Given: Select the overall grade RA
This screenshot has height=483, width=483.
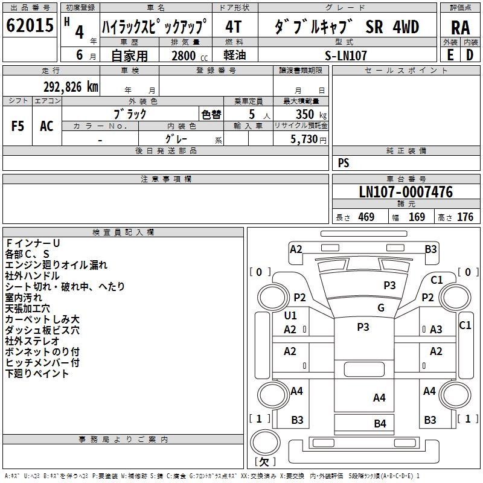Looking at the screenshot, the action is pyautogui.click(x=460, y=28).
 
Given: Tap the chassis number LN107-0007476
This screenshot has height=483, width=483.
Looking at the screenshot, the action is pyautogui.click(x=405, y=192).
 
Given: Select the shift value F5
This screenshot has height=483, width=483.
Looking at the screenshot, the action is pyautogui.click(x=18, y=126).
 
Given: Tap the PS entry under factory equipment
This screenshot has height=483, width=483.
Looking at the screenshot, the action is pyautogui.click(x=344, y=163).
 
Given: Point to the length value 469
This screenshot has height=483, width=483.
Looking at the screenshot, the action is pyautogui.click(x=366, y=217).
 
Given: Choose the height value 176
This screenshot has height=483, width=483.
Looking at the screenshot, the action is pyautogui.click(x=465, y=217).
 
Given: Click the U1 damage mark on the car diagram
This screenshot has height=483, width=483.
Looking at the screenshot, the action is pyautogui.click(x=290, y=316).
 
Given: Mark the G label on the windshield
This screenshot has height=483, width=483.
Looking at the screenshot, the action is pyautogui.click(x=380, y=308).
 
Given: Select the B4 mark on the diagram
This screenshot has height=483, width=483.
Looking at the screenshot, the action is pyautogui.click(x=380, y=424).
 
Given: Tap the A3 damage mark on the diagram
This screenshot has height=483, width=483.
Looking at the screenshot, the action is pyautogui.click(x=436, y=329).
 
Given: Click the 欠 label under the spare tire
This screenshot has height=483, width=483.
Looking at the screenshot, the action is pyautogui.click(x=264, y=461).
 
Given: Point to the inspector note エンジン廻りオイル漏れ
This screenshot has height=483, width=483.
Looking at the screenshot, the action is pyautogui.click(x=56, y=265).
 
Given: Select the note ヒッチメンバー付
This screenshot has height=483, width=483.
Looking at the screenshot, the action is pyautogui.click(x=42, y=363).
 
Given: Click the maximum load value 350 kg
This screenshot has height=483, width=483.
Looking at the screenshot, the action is pyautogui.click(x=307, y=114).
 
